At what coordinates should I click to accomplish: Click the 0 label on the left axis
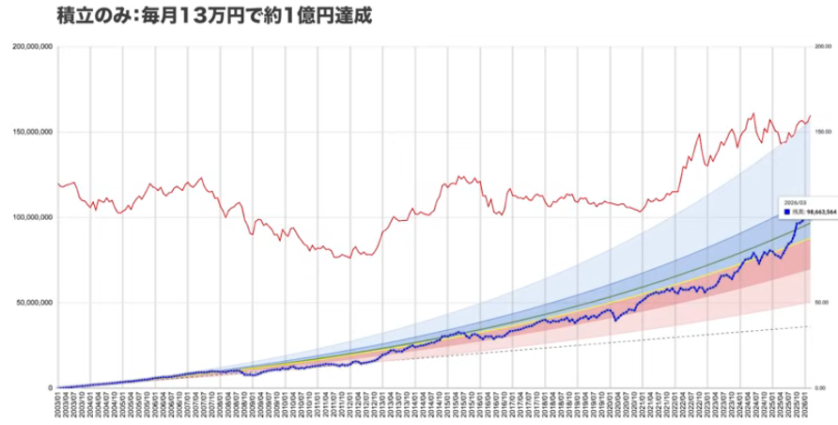[x=51, y=387]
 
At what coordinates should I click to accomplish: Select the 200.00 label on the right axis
[x=821, y=46]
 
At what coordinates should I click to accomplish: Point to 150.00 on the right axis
[x=821, y=132]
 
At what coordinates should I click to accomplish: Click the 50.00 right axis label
[x=821, y=303]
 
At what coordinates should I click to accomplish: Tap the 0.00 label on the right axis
[x=821, y=387]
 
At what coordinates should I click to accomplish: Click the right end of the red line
[x=810, y=116]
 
